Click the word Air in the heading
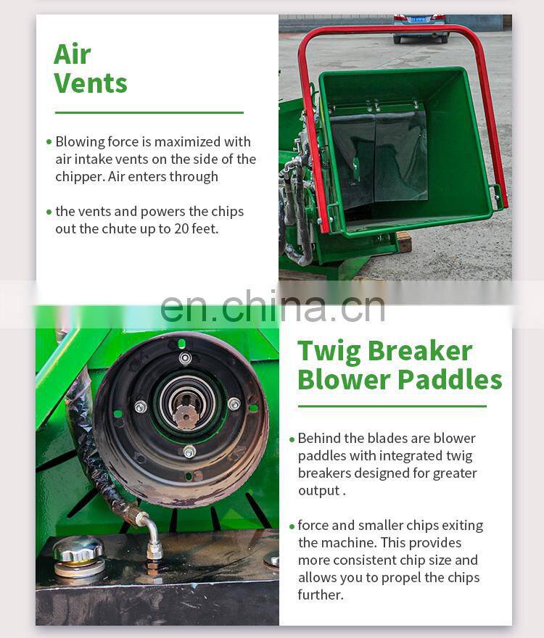[72, 55]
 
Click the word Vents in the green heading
[91, 83]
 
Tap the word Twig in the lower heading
[329, 351]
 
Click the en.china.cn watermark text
[272, 306]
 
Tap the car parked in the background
[419, 28]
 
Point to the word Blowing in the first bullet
[79, 142]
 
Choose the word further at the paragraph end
[319, 594]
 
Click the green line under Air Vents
[149, 112]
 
